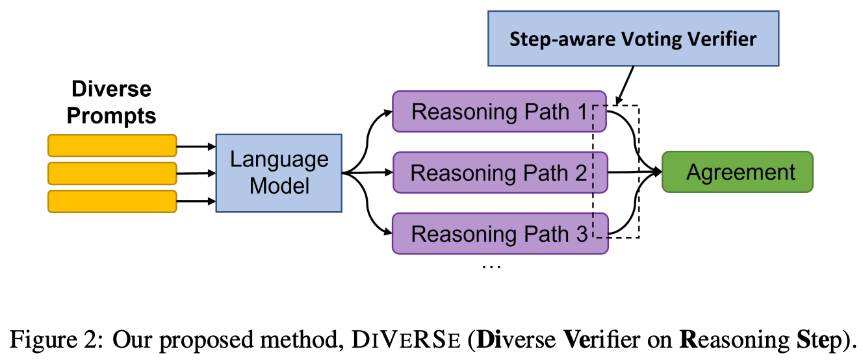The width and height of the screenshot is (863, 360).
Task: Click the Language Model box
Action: tap(279, 173)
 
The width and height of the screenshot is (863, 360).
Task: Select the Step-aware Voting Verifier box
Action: tap(632, 38)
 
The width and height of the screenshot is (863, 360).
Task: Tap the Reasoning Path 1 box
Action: tap(499, 112)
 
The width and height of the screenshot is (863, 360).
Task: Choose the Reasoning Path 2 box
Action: tap(499, 173)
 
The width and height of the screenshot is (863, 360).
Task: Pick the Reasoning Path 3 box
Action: tap(499, 234)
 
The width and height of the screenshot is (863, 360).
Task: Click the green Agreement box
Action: tap(737, 172)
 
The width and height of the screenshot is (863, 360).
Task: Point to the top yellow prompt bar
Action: tap(112, 146)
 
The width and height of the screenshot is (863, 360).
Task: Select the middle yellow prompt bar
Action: tap(112, 174)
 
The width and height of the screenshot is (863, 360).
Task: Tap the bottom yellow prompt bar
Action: tap(112, 201)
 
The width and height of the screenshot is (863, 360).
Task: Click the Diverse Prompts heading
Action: tap(111, 103)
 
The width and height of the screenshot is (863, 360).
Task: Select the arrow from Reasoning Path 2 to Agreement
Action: tap(634, 173)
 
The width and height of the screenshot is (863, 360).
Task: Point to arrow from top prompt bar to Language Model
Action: tap(196, 146)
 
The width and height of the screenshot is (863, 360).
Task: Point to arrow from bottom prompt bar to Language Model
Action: tap(196, 201)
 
